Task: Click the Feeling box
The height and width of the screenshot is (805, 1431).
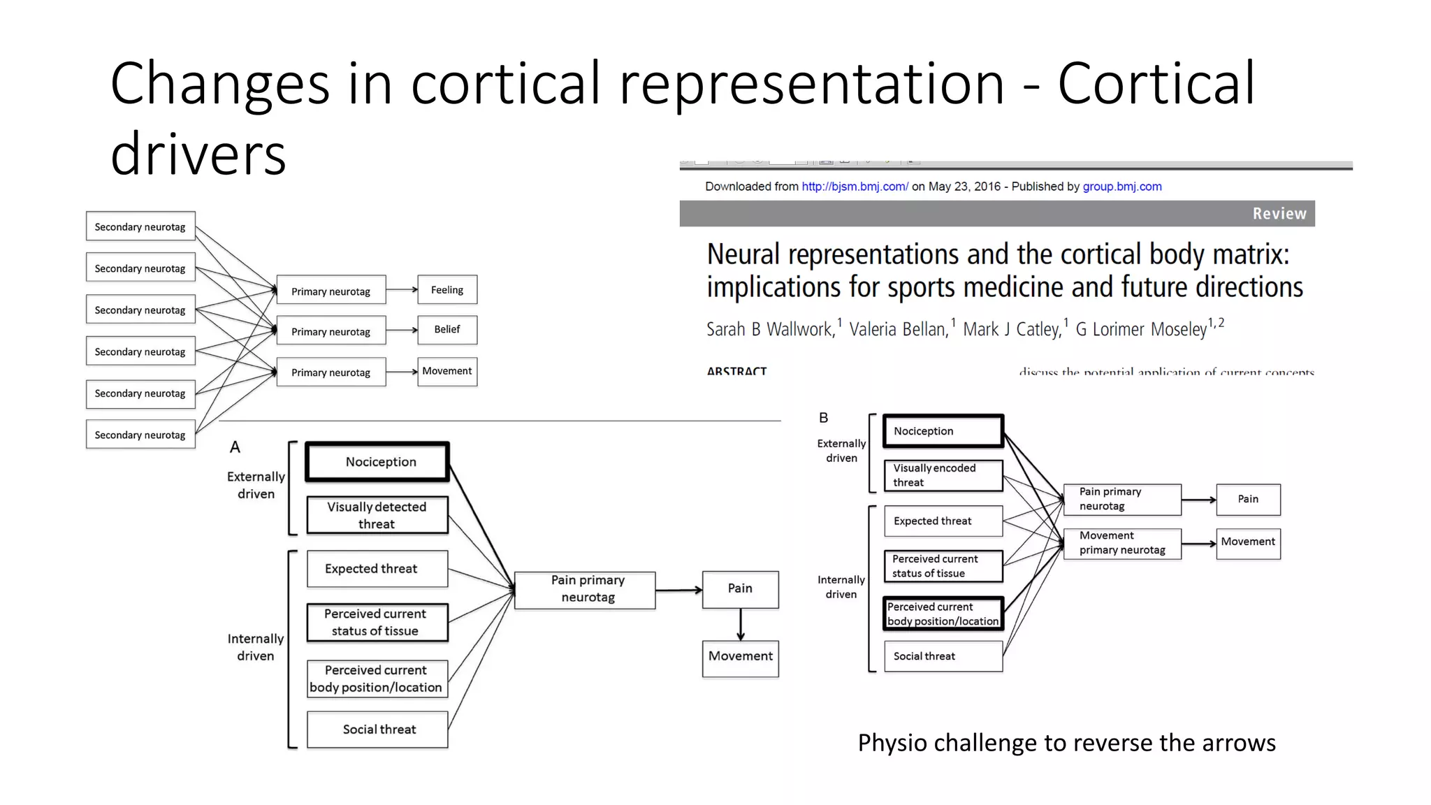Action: coord(447,290)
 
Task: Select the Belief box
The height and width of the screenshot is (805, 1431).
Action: coord(447,330)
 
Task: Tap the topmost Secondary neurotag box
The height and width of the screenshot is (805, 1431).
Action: coord(140,226)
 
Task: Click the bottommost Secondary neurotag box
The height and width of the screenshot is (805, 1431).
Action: coord(140,435)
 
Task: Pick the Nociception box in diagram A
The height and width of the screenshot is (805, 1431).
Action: coord(378,462)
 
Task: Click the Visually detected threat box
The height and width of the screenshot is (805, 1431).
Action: coord(377,516)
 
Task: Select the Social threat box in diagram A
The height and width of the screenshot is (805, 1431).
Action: coord(377,730)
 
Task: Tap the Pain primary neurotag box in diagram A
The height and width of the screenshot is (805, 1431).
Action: coord(586,589)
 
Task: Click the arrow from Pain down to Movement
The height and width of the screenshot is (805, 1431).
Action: coord(741,625)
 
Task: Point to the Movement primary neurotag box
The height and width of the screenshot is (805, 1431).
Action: coord(1122,543)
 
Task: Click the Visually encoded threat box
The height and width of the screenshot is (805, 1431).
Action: coord(943,475)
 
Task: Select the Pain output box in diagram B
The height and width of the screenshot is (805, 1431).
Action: coord(1248,500)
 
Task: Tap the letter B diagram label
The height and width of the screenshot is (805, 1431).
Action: coord(824,418)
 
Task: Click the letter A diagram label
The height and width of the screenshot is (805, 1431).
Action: coord(235,447)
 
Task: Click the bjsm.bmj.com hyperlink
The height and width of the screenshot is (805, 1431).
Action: coord(855,187)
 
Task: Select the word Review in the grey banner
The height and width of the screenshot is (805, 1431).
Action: coord(1279,214)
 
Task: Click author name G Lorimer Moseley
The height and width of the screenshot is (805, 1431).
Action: coord(1141,329)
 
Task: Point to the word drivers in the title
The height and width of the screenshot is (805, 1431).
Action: coord(198,154)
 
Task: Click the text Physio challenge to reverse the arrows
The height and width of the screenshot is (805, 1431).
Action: coord(1066,743)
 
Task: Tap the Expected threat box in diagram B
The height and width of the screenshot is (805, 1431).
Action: coord(943,521)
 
